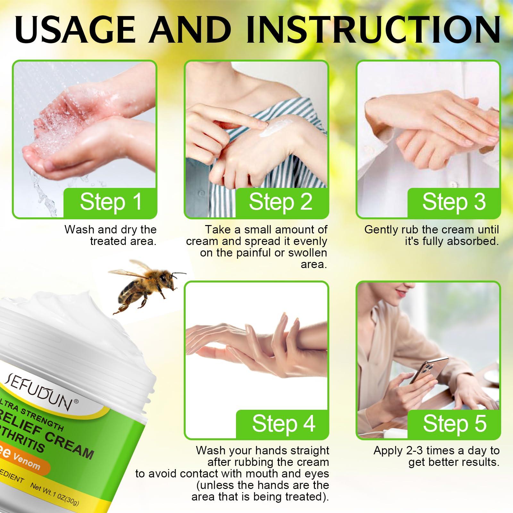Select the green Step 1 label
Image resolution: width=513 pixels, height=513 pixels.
click(x=111, y=202)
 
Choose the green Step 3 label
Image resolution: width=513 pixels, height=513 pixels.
click(x=454, y=202)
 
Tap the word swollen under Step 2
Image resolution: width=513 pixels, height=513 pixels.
click(x=307, y=253)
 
